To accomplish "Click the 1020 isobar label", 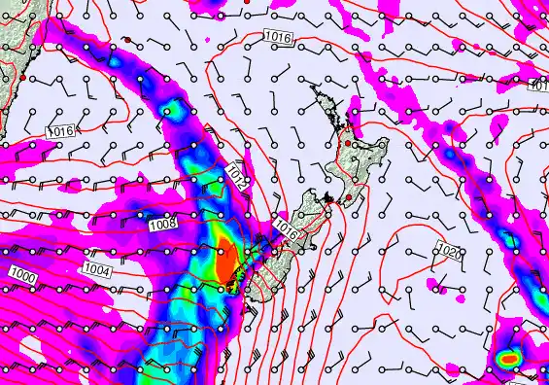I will (450, 252).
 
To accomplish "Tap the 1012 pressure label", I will (236, 176).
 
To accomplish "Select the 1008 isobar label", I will (163, 225).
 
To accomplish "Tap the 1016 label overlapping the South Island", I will (286, 227).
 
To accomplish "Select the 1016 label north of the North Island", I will (276, 38).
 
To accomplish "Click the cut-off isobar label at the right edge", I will (540, 86).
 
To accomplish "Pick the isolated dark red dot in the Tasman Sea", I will (125, 40).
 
